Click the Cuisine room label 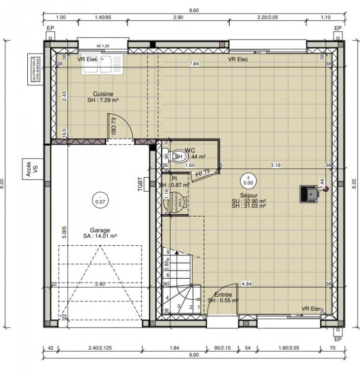click(103, 94)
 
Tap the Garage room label click(100, 230)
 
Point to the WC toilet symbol click(178, 157)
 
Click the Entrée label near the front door click(223, 295)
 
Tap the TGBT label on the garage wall click(140, 184)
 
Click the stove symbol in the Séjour click(309, 193)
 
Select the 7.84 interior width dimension click(193, 63)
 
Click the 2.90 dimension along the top click(178, 17)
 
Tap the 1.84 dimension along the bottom click(174, 348)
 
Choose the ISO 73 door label click(113, 126)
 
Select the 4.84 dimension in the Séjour click(246, 284)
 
